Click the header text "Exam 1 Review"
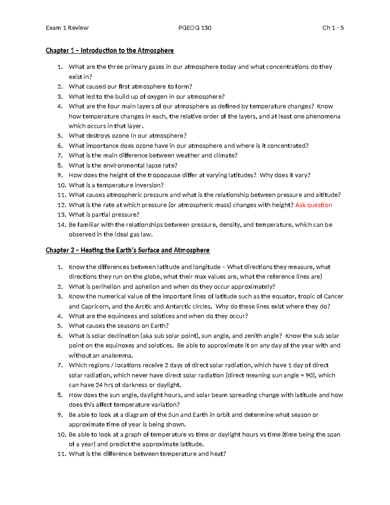tap(67, 28)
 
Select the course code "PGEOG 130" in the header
tap(195, 28)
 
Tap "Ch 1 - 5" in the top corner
tap(333, 28)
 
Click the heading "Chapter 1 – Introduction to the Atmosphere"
tap(110, 50)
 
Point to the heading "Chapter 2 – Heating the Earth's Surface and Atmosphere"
tap(127, 250)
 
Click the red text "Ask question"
tap(314, 205)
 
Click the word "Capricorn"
tap(96, 306)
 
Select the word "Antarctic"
tap(178, 306)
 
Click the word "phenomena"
tap(323, 116)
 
